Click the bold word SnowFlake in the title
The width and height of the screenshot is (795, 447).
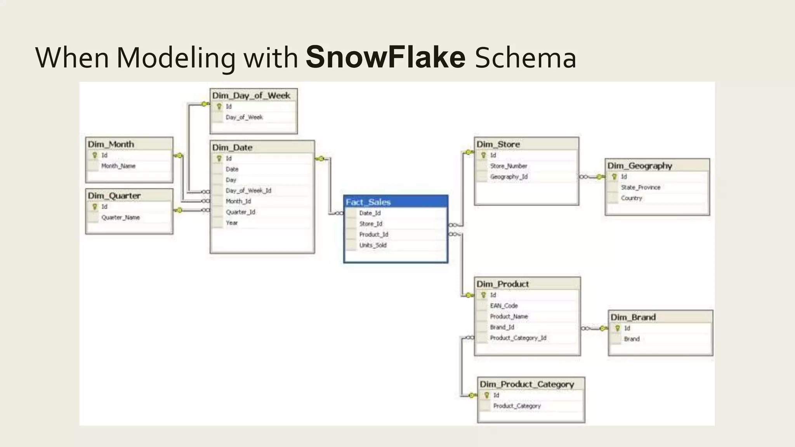pyautogui.click(x=385, y=57)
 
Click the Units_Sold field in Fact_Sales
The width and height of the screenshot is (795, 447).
pyautogui.click(x=373, y=245)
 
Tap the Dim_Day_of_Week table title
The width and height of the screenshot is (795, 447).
pyautogui.click(x=251, y=95)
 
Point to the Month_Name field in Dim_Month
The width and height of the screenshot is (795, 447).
pyautogui.click(x=118, y=166)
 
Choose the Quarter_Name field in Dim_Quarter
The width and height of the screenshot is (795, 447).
pyautogui.click(x=120, y=218)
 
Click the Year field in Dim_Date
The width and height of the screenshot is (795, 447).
pyautogui.click(x=232, y=223)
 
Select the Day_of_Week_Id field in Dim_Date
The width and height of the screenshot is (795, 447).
pyautogui.click(x=248, y=191)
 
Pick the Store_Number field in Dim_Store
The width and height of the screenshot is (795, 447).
pyautogui.click(x=509, y=166)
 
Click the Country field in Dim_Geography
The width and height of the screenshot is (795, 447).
pyautogui.click(x=632, y=198)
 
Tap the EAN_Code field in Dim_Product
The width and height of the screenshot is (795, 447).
pyautogui.click(x=504, y=306)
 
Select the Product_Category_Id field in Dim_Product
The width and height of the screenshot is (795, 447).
pyautogui.click(x=518, y=338)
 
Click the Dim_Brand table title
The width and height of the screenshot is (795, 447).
pyautogui.click(x=633, y=317)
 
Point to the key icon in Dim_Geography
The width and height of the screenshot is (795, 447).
pyautogui.click(x=614, y=177)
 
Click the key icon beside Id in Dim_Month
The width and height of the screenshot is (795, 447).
pyautogui.click(x=94, y=155)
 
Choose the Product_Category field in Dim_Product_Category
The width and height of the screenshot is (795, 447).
pyautogui.click(x=517, y=406)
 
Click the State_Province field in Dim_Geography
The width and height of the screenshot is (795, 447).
pyautogui.click(x=641, y=187)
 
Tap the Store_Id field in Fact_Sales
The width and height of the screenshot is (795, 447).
pyautogui.click(x=371, y=224)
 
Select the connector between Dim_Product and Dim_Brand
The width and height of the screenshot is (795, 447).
pyautogui.click(x=594, y=329)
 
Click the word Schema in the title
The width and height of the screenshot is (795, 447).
pyautogui.click(x=525, y=57)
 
